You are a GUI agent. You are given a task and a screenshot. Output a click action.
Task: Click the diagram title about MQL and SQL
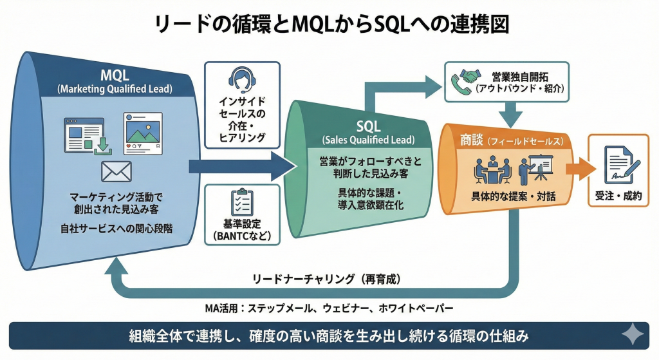pos(329,24)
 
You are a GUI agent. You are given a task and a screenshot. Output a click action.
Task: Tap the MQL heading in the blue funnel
pos(115,75)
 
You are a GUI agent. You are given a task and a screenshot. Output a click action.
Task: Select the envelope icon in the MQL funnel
pos(116,171)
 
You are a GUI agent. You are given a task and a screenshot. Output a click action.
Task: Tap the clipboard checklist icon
pos(242,203)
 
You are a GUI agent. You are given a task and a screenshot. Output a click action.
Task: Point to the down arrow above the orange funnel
pos(511,116)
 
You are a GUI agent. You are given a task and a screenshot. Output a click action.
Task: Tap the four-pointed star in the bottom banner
pos(632,336)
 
